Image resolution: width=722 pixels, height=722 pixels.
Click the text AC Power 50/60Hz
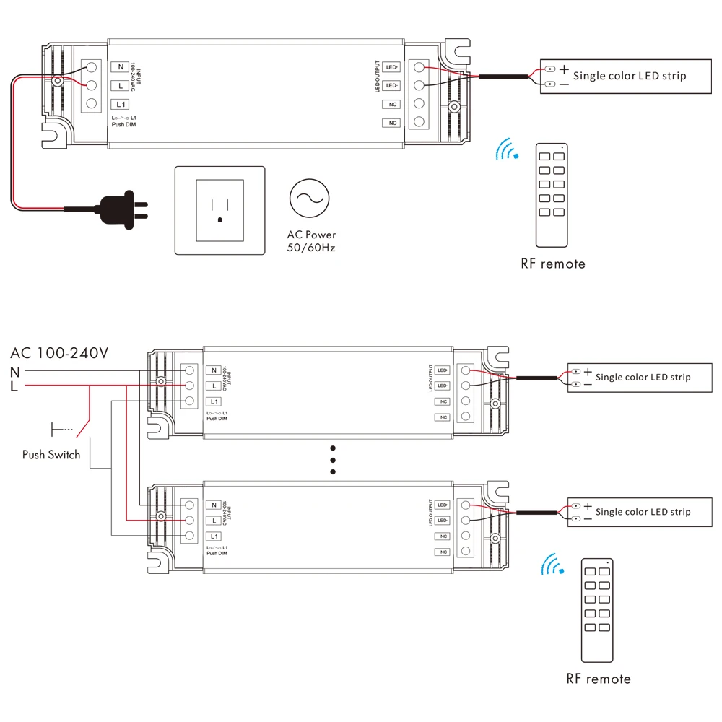click(x=311, y=241)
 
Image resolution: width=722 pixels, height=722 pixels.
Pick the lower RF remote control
click(x=597, y=610)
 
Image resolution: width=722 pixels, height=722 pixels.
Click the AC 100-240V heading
click(x=59, y=353)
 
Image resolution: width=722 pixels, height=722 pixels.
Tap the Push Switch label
click(x=51, y=455)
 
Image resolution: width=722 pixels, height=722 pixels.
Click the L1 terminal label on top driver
click(x=121, y=104)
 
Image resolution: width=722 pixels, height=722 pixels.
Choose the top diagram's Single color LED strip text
click(x=630, y=76)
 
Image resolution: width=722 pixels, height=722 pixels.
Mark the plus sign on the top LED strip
click(x=564, y=69)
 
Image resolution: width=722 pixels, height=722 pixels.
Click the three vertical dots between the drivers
click(x=333, y=460)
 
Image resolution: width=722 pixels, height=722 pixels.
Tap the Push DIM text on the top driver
click(x=123, y=125)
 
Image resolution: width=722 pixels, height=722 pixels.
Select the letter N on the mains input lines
click(x=15, y=372)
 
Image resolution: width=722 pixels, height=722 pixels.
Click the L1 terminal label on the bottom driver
click(x=213, y=536)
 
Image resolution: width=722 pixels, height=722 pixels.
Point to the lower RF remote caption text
click(x=598, y=679)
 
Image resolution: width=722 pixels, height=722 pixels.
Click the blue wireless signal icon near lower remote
click(x=554, y=565)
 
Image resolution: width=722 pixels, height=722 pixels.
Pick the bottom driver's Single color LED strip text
click(x=643, y=512)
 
